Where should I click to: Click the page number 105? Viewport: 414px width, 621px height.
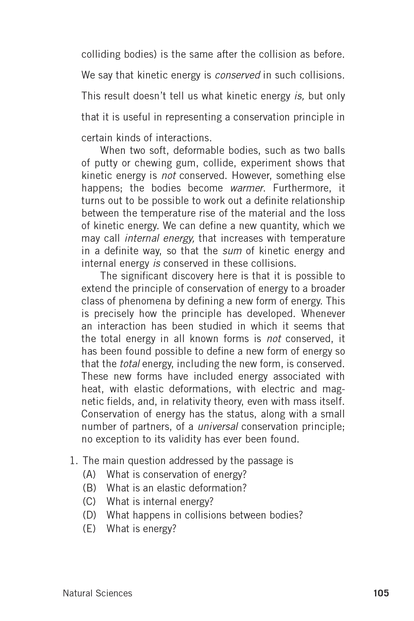click(x=381, y=593)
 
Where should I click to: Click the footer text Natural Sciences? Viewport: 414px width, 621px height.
click(x=97, y=593)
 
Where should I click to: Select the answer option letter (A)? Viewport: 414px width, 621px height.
click(x=89, y=474)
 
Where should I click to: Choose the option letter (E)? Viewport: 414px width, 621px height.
click(x=89, y=529)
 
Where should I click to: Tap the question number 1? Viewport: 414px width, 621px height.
click(x=74, y=461)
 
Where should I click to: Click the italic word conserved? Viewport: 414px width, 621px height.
click(x=237, y=75)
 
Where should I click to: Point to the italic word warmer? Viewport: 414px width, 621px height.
click(x=247, y=188)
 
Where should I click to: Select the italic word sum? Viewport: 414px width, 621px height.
click(x=232, y=251)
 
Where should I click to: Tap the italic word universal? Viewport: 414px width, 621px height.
click(x=218, y=426)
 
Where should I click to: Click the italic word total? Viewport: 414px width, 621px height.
click(x=130, y=364)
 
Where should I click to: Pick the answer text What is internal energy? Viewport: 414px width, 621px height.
click(x=160, y=502)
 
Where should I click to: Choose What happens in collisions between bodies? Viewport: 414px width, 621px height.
click(x=204, y=515)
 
